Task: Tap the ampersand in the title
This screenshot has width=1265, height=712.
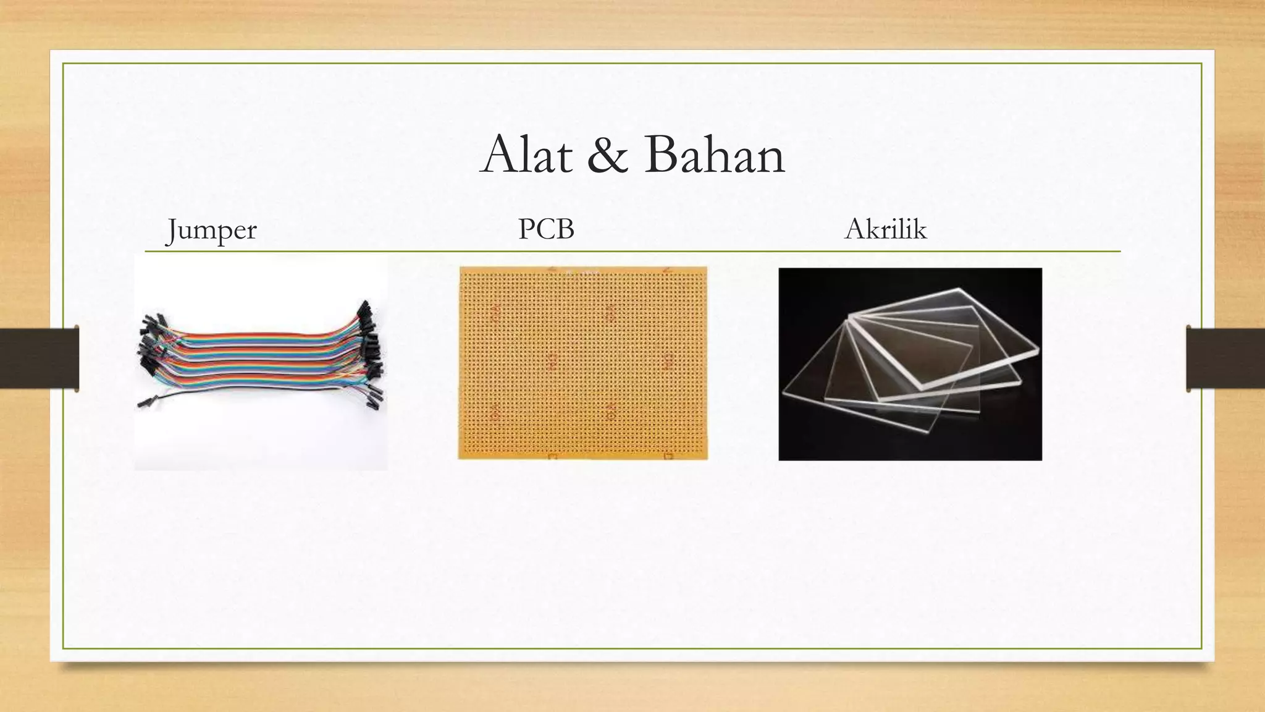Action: [608, 155]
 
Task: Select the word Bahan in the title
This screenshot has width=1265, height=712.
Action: [714, 155]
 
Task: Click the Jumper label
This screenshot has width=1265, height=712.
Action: [211, 230]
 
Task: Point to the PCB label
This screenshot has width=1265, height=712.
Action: [546, 229]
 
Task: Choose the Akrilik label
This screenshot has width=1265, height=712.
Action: [885, 229]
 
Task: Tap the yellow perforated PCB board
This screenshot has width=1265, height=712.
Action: [582, 363]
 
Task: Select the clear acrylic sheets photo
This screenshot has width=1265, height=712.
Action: [910, 364]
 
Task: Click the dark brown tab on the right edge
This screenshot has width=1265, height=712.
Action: [1225, 358]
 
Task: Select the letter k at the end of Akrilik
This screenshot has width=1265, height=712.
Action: [920, 229]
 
